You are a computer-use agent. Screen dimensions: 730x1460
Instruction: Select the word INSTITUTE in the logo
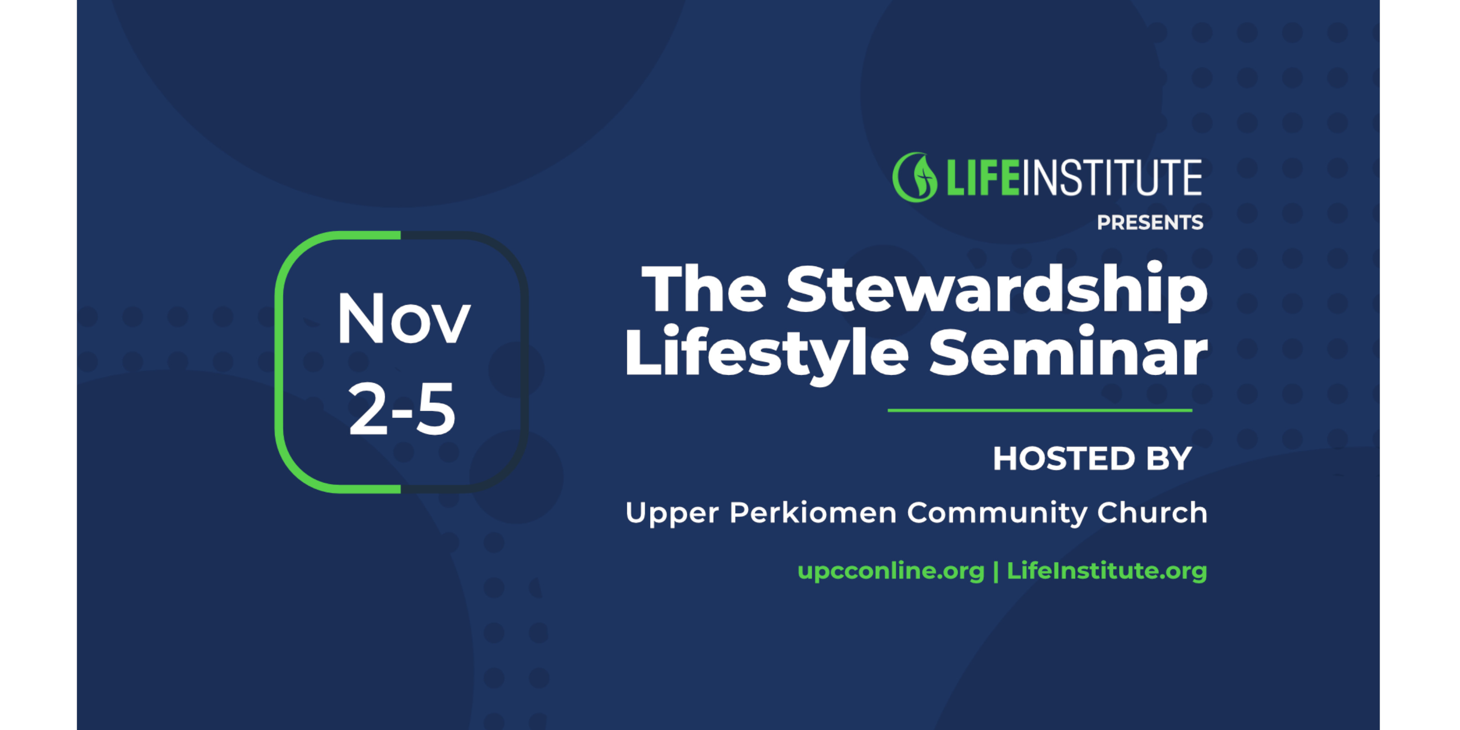1111,177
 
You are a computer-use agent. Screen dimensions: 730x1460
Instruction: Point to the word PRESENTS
1149,223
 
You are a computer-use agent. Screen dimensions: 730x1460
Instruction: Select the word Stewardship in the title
997,289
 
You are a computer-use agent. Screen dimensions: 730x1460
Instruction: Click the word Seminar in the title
1069,353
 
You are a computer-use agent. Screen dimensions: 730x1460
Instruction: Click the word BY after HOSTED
1168,459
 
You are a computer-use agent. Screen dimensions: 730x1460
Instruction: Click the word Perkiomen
813,512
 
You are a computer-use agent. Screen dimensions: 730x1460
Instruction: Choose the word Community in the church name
997,513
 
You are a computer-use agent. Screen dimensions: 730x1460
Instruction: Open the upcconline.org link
891,571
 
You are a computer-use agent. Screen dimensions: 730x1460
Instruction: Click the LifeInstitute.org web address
1106,571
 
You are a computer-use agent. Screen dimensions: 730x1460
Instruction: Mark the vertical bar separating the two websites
996,571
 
